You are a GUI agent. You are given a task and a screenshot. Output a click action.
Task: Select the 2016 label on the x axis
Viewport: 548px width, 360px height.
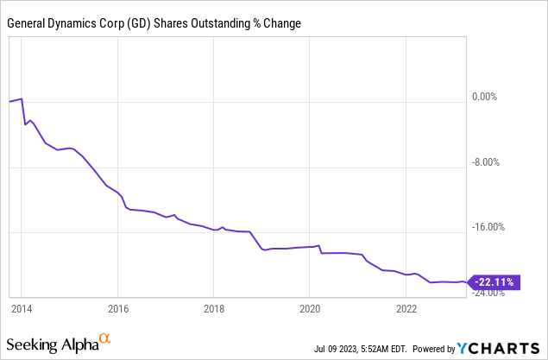point(118,307)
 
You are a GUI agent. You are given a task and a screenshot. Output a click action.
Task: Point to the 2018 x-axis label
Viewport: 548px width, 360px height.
point(214,307)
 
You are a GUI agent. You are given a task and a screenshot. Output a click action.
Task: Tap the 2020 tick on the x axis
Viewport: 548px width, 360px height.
point(310,307)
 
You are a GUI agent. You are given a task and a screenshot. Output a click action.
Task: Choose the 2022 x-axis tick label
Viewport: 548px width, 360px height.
point(406,307)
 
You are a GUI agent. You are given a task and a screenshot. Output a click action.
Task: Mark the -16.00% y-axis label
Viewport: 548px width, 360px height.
point(489,228)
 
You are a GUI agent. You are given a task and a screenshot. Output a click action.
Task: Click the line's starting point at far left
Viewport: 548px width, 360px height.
point(9,102)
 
